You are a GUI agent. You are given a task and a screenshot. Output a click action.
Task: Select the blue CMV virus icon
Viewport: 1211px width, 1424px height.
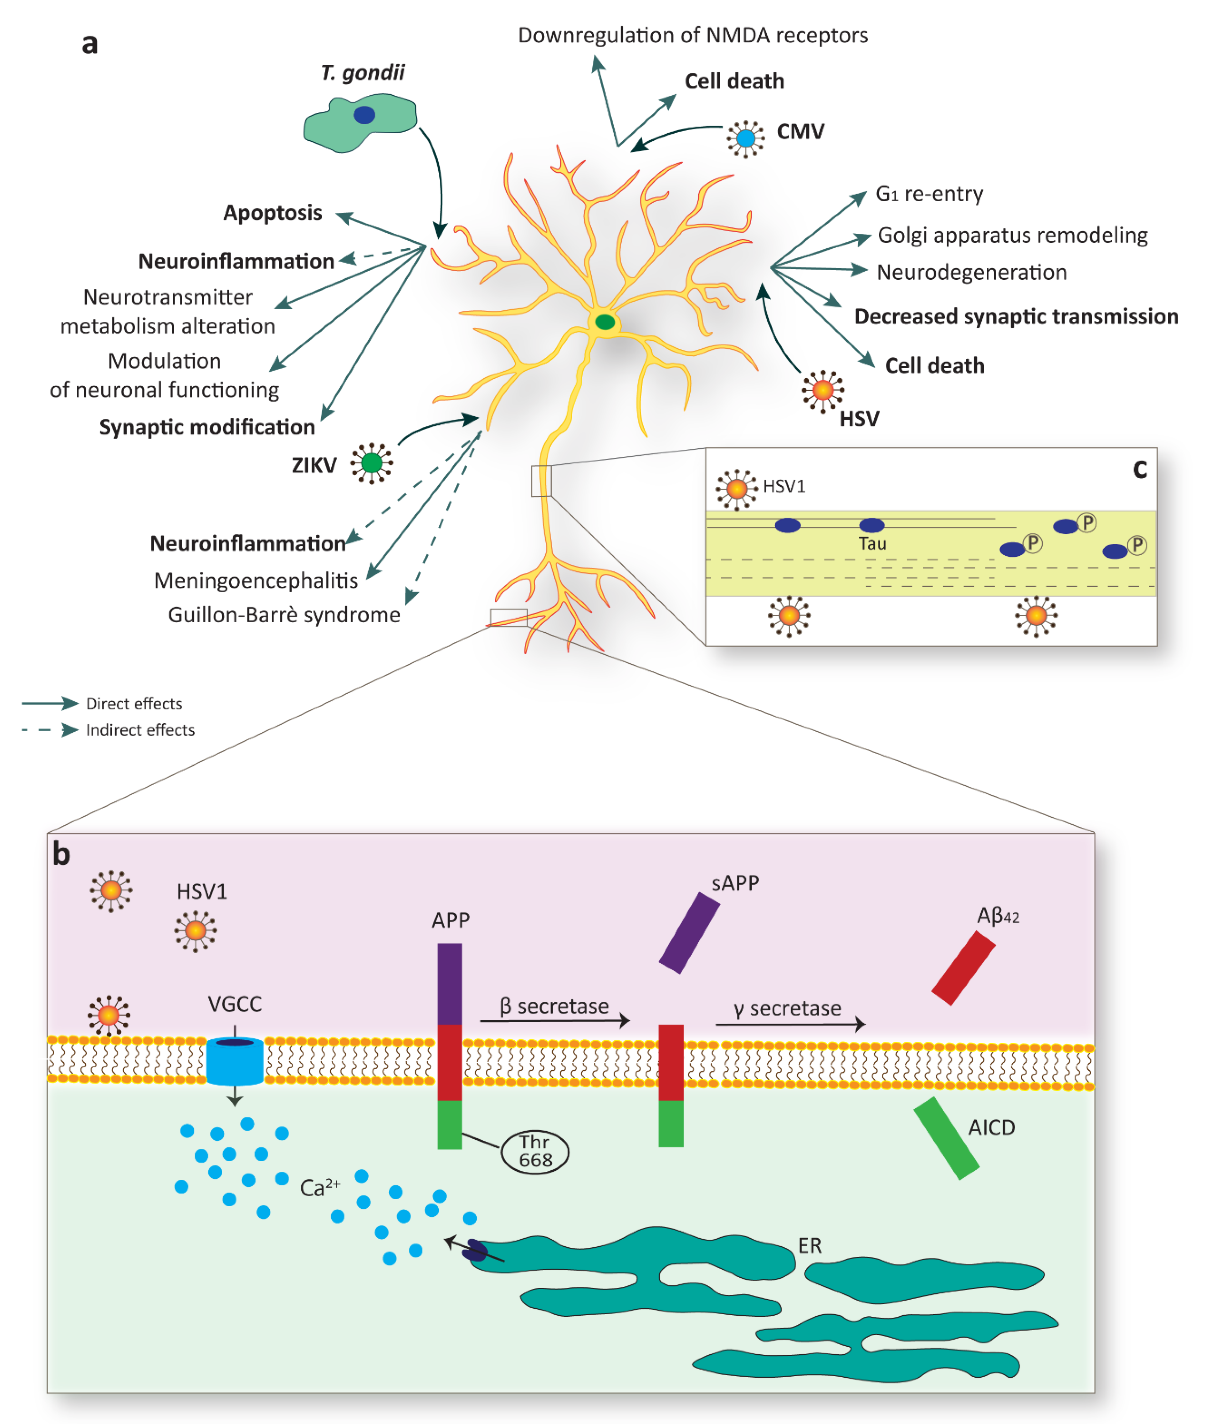coord(745,139)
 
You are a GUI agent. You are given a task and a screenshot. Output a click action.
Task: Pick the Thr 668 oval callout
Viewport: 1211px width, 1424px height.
coord(535,1151)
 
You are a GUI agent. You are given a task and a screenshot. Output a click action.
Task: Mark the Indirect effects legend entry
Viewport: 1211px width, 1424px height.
coord(140,730)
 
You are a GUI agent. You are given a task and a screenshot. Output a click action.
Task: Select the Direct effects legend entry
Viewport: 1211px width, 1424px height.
coord(134,704)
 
